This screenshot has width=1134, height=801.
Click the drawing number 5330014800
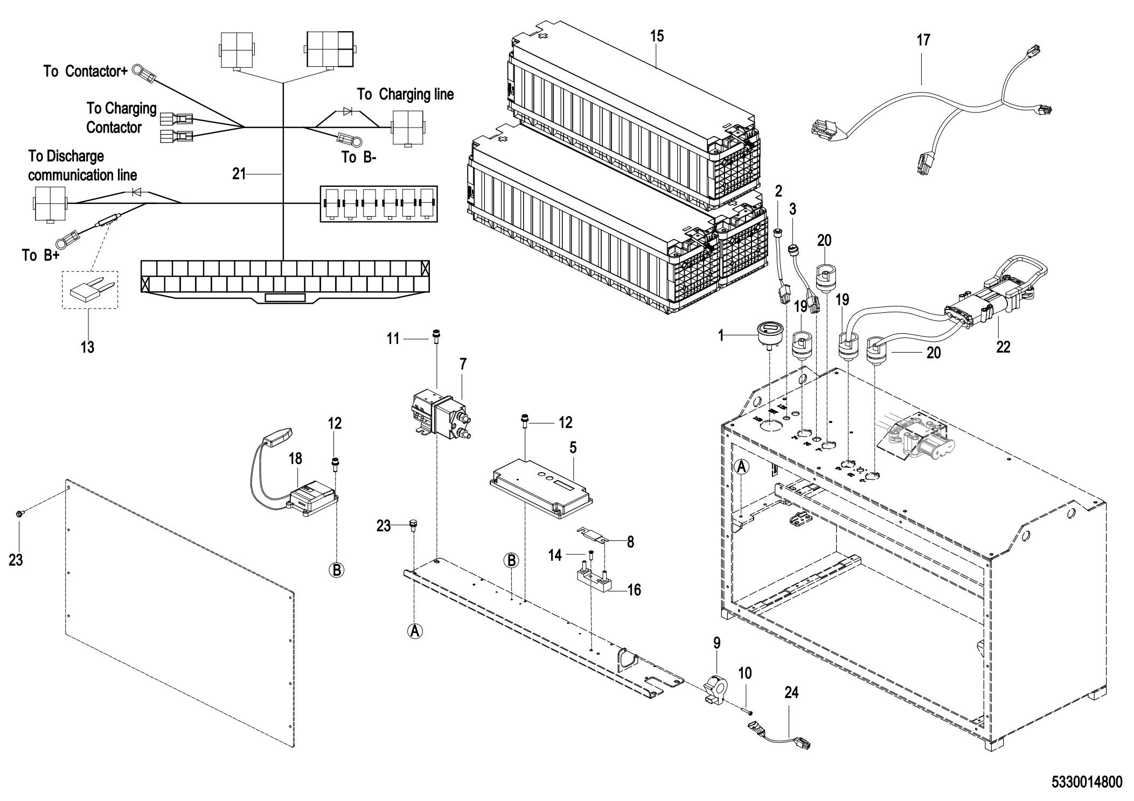[x=1087, y=781]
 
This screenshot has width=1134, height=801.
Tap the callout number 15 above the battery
[x=657, y=36]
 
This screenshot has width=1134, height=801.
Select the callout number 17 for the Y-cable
[x=923, y=40]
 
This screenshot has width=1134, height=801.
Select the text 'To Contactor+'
[x=86, y=71]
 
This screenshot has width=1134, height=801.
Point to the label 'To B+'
[x=40, y=255]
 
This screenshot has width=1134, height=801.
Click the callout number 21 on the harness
[x=239, y=173]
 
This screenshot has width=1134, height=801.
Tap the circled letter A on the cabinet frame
[x=742, y=467]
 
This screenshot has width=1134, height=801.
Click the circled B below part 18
[x=337, y=570]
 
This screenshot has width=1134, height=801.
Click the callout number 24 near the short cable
[x=791, y=692]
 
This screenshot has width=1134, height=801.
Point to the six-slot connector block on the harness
[x=379, y=203]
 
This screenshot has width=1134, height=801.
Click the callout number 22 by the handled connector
[x=1003, y=347]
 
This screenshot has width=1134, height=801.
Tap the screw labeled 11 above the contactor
[x=435, y=337]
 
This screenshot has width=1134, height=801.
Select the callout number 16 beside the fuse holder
[x=634, y=590]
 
